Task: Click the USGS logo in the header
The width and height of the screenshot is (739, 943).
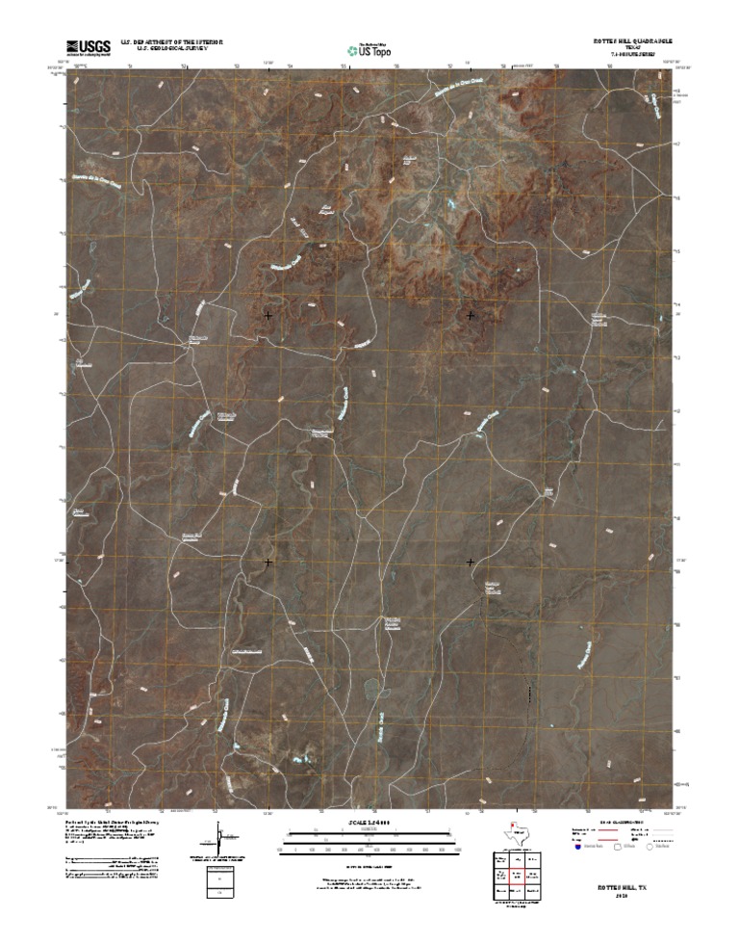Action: (x=88, y=46)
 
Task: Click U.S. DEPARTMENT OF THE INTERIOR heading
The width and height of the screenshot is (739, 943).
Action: (x=171, y=42)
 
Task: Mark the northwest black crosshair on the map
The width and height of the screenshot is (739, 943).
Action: (x=268, y=315)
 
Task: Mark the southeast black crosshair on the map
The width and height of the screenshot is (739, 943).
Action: (x=471, y=562)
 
